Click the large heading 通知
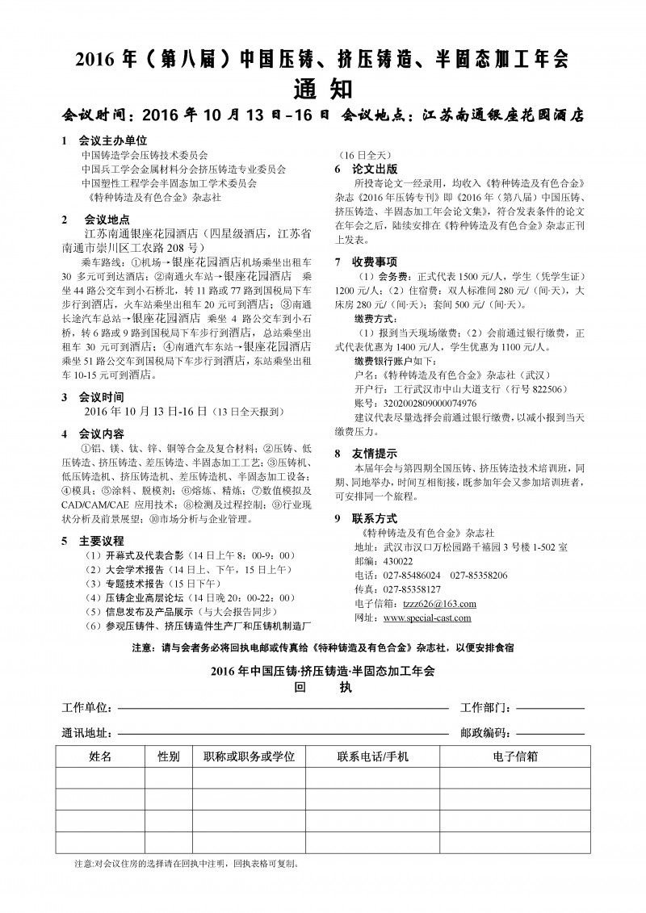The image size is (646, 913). click(x=322, y=87)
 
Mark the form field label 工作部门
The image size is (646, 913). click(x=485, y=708)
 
